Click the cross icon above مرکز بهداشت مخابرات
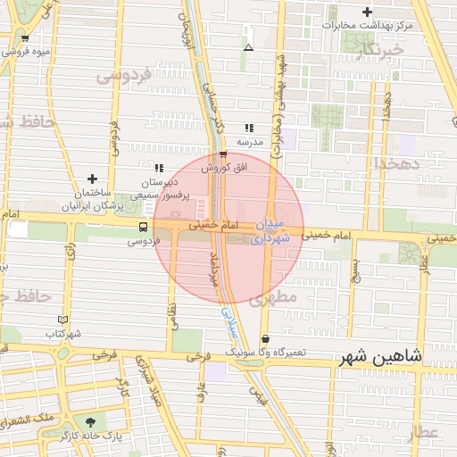coord(367,12)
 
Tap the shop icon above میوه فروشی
coord(25,37)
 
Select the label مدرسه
coord(249,142)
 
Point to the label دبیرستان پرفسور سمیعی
coord(157,187)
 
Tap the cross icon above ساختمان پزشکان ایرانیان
coord(92,179)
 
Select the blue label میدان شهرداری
coord(271,230)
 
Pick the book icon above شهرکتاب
coord(62,320)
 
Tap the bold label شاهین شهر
coord(379,357)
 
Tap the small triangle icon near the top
coord(248,46)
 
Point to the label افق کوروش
coord(228,167)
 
